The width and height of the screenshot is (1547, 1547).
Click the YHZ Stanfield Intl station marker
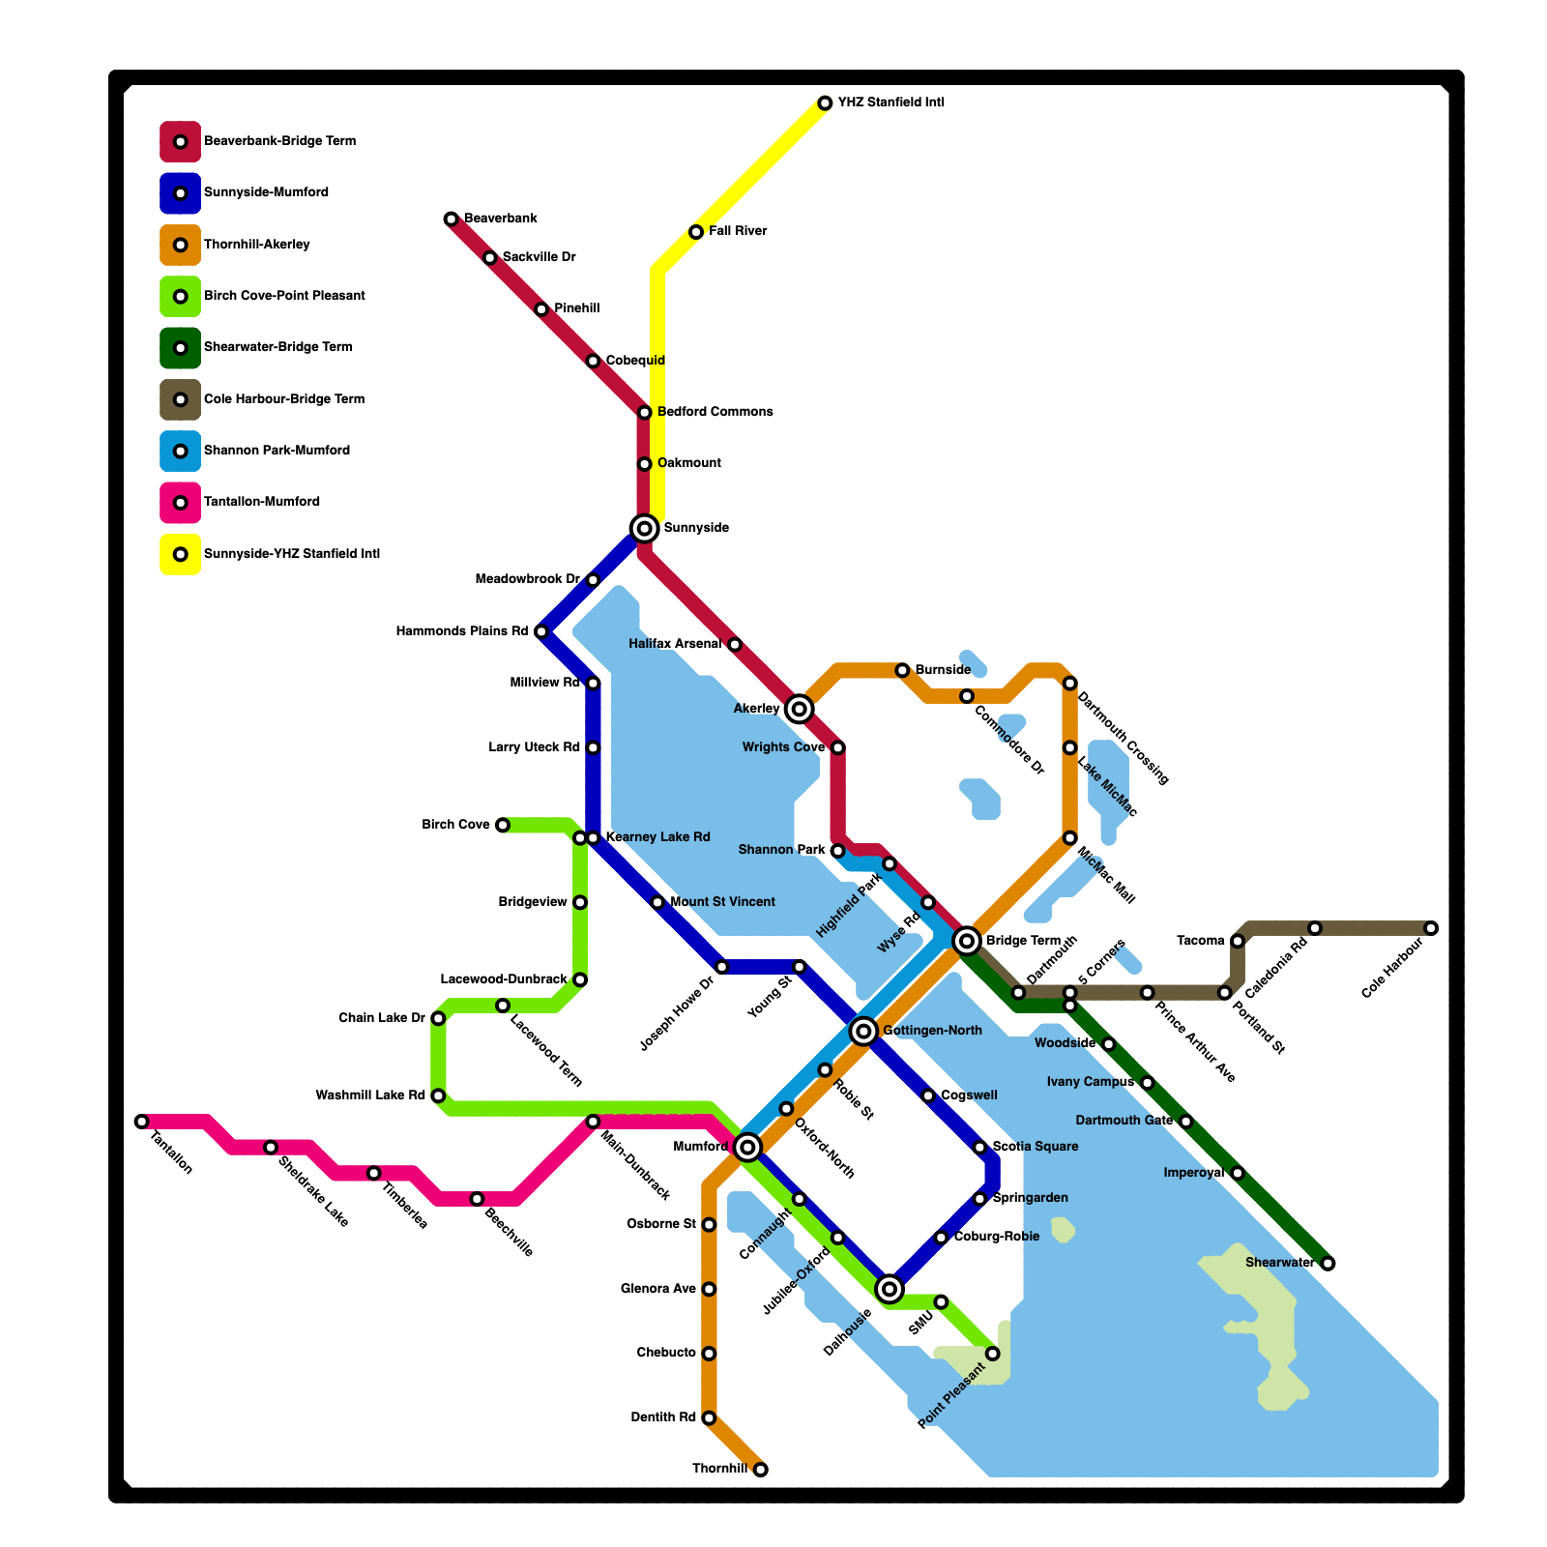pyautogui.click(x=825, y=103)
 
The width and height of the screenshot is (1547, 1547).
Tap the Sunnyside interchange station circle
pyautogui.click(x=645, y=528)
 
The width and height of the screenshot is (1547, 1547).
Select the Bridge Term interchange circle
pyautogui.click(x=967, y=941)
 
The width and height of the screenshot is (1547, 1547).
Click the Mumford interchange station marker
pyautogui.click(x=747, y=1148)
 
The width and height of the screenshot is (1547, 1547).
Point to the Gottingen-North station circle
pyautogui.click(x=864, y=1032)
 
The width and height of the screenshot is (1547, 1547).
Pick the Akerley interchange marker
pyautogui.click(x=799, y=710)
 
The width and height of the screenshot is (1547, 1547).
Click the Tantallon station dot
pyautogui.click(x=142, y=1122)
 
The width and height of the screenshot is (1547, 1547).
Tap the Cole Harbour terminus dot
pyautogui.click(x=1431, y=928)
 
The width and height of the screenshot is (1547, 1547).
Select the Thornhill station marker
pyautogui.click(x=761, y=1470)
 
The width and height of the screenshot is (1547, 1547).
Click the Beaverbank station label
pyautogui.click(x=501, y=219)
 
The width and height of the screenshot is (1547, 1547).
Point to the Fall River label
pyautogui.click(x=738, y=231)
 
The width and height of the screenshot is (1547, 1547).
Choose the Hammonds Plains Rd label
pyautogui.click(x=462, y=631)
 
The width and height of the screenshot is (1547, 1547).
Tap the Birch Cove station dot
pyautogui.click(x=503, y=825)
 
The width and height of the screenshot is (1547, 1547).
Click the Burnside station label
pyautogui.click(x=943, y=670)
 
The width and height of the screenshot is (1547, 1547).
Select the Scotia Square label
pyautogui.click(x=1036, y=1147)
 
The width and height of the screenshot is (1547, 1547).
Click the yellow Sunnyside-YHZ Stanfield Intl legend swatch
pyautogui.click(x=180, y=554)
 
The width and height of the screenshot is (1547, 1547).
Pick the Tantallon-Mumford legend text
pyautogui.click(x=261, y=502)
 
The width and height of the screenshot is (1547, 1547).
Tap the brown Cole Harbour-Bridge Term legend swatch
pyautogui.click(x=180, y=399)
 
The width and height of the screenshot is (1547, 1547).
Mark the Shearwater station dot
pyautogui.click(x=1328, y=1264)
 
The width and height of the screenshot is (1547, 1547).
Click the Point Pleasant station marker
pyautogui.click(x=993, y=1354)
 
